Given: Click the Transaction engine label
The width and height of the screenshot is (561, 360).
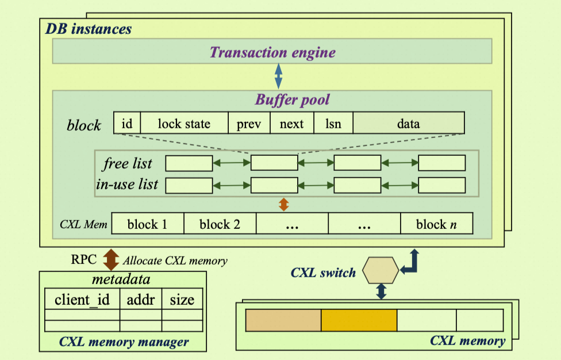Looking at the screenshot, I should pos(272,52).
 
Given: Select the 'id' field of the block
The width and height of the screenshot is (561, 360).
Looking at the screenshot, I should pos(127,123).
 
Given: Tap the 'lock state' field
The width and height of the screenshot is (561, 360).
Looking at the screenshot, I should pos(184,123).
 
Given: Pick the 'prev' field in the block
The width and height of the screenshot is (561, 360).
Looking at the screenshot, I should pos(249,123).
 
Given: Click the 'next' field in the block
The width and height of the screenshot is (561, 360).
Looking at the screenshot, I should pos(291,123).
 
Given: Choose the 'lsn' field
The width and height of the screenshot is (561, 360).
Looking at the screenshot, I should pos(333,123).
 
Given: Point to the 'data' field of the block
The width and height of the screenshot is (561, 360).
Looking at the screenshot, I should pos(408,123).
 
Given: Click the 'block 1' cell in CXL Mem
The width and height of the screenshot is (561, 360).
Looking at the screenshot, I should pos(147,224).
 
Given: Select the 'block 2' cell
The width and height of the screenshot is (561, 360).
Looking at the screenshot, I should pos(220,224).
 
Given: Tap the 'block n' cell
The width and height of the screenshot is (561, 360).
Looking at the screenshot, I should pos(436,224).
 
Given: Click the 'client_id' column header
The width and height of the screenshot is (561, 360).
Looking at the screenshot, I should pos(82,299).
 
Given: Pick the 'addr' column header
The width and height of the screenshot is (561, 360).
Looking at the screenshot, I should pos(141,299).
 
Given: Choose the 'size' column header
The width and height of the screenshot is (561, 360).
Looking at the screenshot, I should pos(182,299).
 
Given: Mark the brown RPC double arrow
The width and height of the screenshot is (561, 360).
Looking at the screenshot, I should pos(110,259).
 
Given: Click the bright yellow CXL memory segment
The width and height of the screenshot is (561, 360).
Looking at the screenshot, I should pos(359,320).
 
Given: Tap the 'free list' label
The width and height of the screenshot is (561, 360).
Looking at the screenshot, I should pos(128,163).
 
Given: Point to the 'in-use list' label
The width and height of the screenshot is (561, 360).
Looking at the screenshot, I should pos(127,185).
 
